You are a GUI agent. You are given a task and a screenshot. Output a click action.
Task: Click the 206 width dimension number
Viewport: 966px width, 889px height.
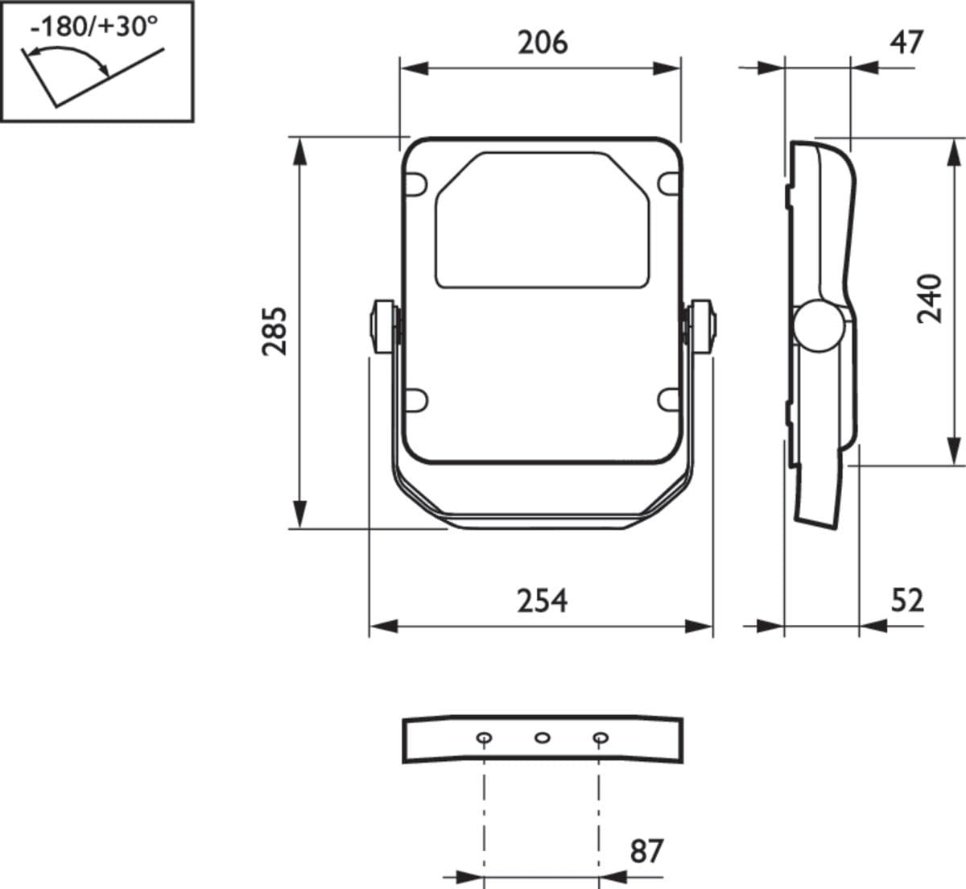[x=543, y=43]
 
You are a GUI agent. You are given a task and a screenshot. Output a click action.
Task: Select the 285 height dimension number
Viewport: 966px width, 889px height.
[x=275, y=332]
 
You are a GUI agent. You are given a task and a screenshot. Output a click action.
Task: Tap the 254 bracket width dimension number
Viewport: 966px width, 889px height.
[x=543, y=602]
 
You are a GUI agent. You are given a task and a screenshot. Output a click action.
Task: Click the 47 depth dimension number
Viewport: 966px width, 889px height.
[x=906, y=43]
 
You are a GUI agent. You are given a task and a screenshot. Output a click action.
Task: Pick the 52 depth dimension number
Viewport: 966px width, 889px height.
[x=907, y=601]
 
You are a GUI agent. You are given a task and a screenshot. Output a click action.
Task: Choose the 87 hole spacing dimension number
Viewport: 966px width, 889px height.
[x=646, y=851]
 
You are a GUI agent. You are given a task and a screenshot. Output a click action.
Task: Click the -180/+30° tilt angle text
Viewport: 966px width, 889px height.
[x=94, y=27]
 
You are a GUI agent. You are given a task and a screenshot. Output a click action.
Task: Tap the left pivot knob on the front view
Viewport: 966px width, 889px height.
[x=384, y=327]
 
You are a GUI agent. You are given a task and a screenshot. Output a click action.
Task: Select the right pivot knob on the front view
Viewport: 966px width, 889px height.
[x=701, y=327]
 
